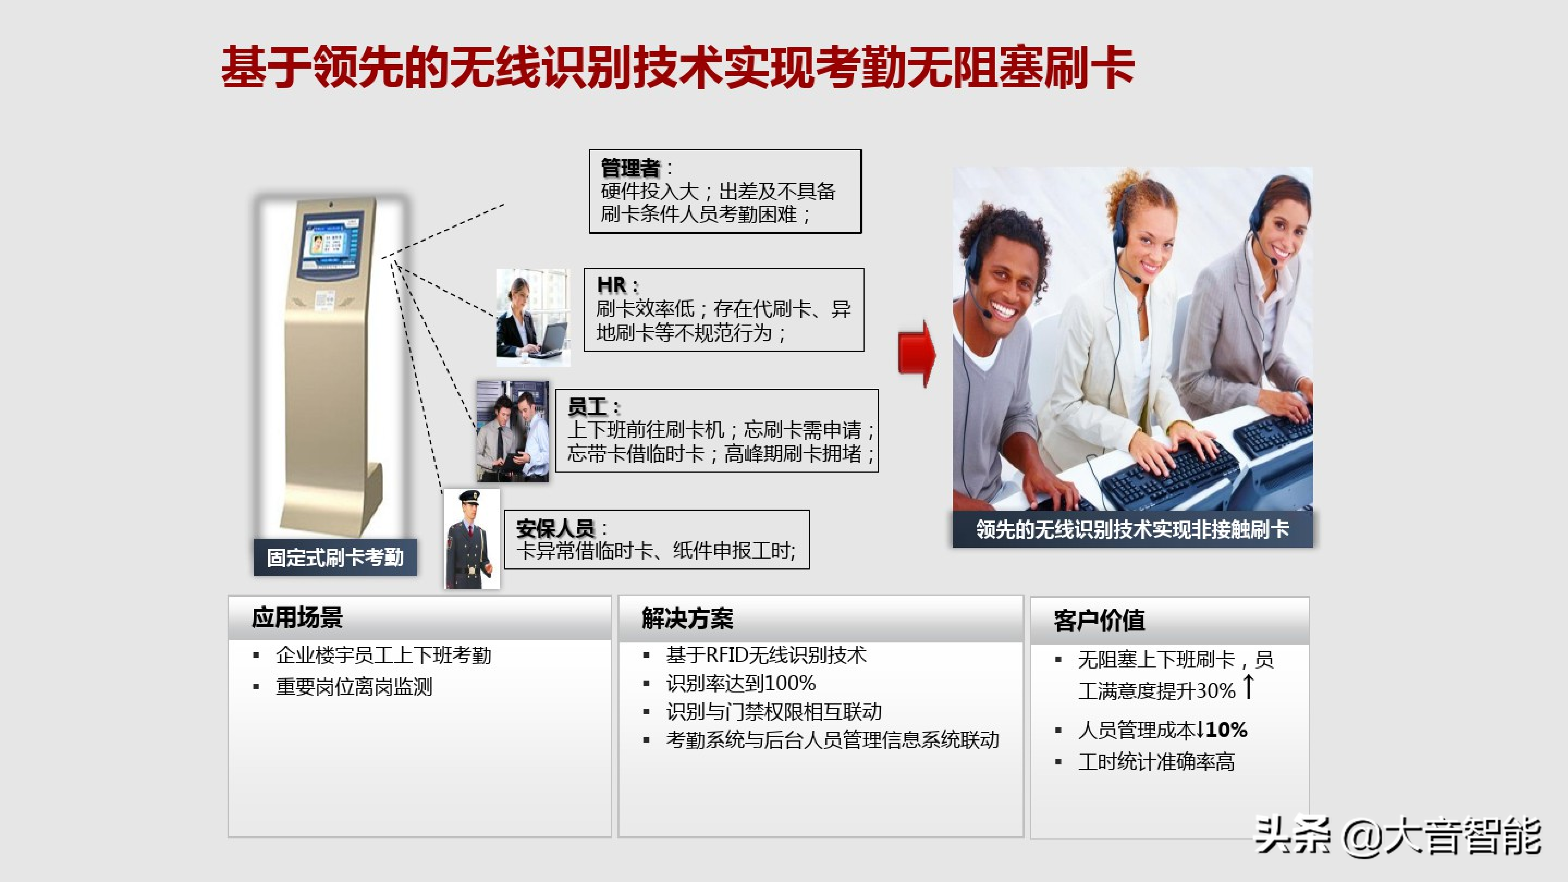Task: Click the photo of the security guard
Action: pyautogui.click(x=472, y=539)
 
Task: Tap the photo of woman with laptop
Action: pyautogui.click(x=533, y=317)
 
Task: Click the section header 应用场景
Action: pyautogui.click(x=297, y=617)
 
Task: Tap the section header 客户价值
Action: pyautogui.click(x=1099, y=620)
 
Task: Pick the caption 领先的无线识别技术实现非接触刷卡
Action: pyautogui.click(x=1132, y=529)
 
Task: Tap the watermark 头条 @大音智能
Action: pyautogui.click(x=1398, y=836)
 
